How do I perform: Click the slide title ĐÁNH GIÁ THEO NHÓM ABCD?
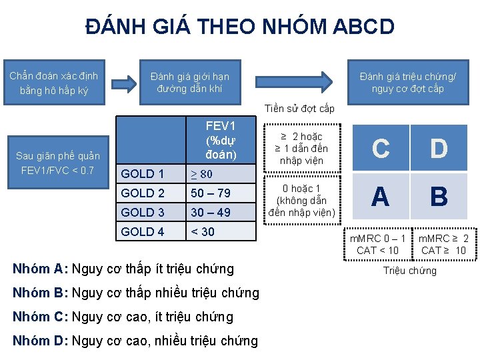240,27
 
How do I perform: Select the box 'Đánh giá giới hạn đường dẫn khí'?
189,82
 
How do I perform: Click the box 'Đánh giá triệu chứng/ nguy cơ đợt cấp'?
407,82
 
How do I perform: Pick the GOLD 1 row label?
143,174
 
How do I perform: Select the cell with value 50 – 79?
211,193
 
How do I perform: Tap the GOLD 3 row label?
143,212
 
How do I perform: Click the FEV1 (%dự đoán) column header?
221,140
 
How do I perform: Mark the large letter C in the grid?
380,149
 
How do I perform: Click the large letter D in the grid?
439,149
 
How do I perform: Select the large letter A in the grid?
380,197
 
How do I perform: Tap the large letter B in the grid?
439,197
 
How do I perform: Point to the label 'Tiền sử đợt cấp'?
299,109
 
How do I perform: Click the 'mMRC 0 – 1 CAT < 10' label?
378,244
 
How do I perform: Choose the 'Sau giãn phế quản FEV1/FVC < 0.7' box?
58,163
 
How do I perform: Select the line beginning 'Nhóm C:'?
123,317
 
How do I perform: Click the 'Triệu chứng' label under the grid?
409,271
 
